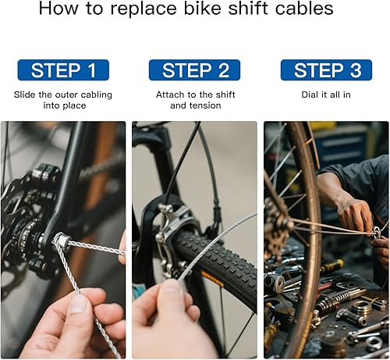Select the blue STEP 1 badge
(x=63, y=70)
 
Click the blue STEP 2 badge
(x=195, y=70)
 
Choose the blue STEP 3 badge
(x=326, y=70)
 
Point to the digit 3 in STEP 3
(x=356, y=70)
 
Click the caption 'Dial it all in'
(x=326, y=94)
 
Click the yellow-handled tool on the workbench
(x=331, y=267)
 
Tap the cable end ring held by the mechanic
(x=377, y=232)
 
